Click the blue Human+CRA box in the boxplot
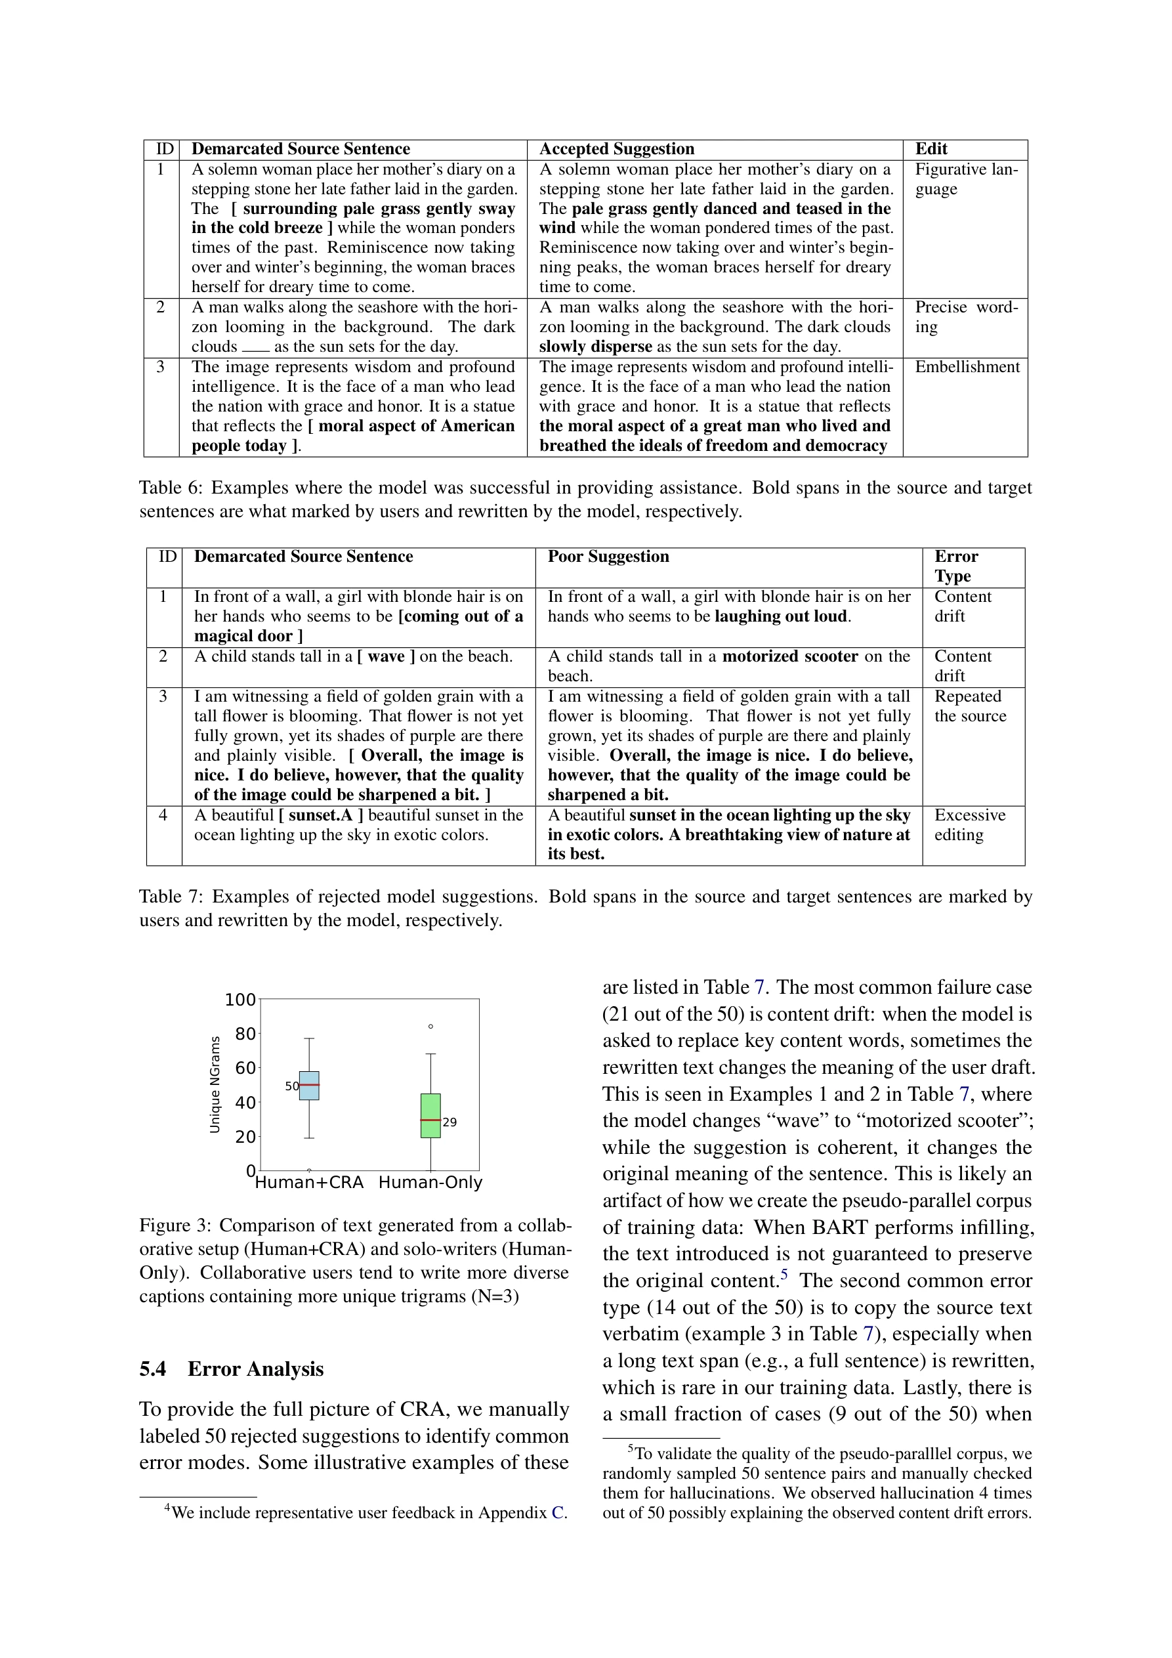[x=309, y=1086]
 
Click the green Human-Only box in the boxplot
[x=430, y=1115]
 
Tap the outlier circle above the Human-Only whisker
[x=431, y=1026]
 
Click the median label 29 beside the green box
[x=450, y=1122]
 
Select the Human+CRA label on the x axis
[x=309, y=1183]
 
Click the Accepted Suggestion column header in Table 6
[x=616, y=149]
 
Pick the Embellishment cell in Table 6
[x=967, y=367]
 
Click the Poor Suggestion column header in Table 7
[x=608, y=556]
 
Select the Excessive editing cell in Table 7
[x=969, y=824]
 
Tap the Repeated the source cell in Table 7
[x=970, y=706]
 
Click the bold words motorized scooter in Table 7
[x=790, y=656]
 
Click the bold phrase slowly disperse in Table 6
[x=595, y=347]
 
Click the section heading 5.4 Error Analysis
[x=231, y=1369]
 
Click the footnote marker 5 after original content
[x=784, y=1276]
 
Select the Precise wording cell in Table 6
[x=965, y=317]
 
